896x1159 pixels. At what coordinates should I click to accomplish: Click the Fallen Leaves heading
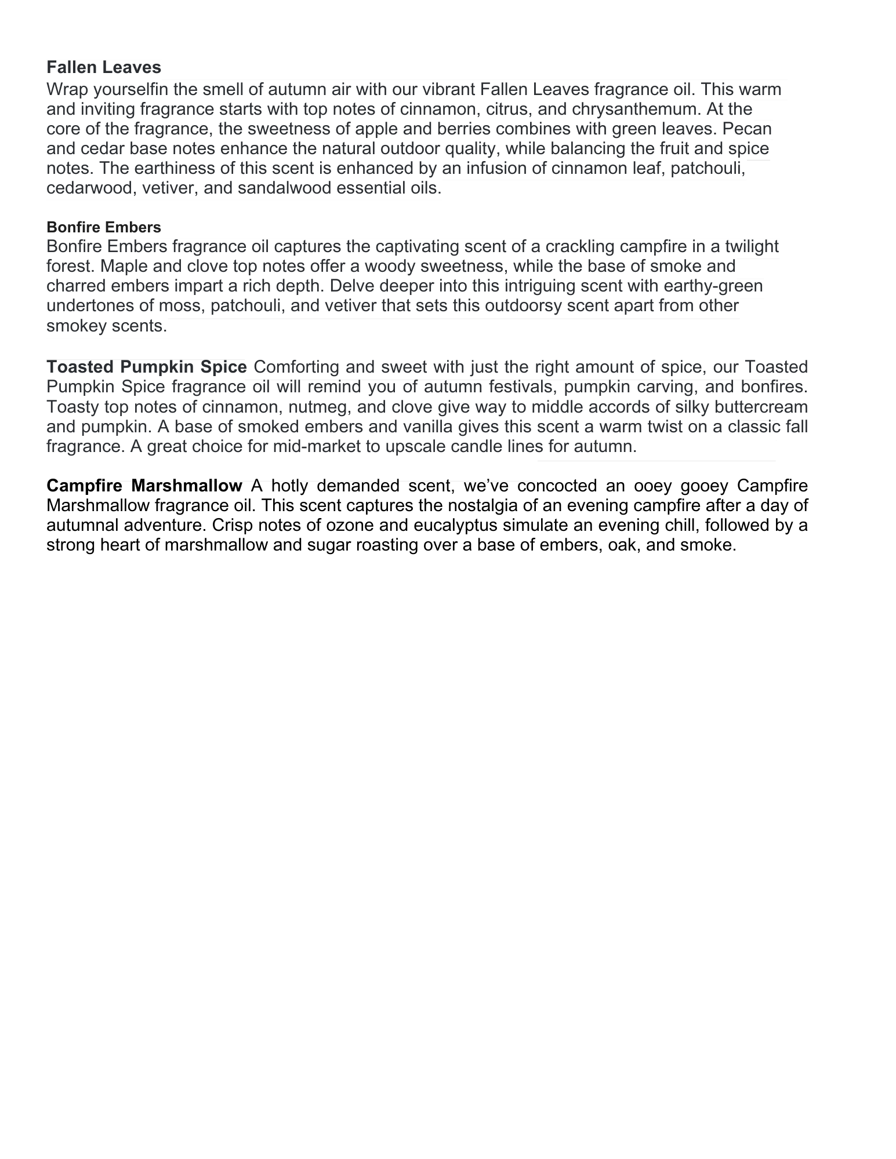(x=104, y=67)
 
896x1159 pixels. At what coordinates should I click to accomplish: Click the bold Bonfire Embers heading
(x=104, y=227)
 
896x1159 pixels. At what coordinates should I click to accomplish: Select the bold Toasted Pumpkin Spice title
(x=147, y=367)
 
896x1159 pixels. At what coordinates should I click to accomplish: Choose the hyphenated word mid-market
(x=298, y=446)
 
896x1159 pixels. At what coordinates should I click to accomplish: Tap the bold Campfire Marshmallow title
(x=144, y=486)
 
